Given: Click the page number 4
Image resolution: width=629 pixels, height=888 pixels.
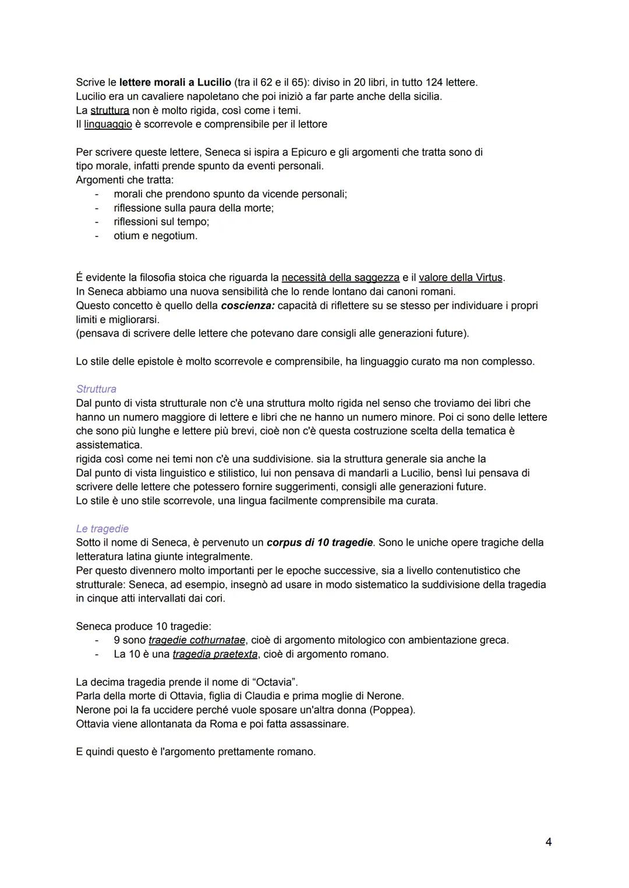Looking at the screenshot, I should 548,842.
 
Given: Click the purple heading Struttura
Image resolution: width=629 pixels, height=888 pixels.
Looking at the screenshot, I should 96,389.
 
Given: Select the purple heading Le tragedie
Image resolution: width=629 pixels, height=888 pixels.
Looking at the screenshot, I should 102,529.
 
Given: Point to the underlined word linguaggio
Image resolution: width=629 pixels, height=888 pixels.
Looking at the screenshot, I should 108,124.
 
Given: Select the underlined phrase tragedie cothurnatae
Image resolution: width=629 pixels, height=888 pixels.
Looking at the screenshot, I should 197,640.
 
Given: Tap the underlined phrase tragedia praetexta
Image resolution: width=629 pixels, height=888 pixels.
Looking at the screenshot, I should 215,654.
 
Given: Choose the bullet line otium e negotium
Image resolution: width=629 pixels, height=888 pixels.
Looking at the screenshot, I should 156,236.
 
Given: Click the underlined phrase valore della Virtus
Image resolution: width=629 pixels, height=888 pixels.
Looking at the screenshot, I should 461,278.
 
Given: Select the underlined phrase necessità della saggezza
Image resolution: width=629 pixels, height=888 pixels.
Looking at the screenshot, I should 340,278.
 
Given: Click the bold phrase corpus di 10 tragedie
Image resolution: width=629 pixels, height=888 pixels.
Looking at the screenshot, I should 320,543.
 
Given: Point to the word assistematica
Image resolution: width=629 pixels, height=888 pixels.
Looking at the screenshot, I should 109,445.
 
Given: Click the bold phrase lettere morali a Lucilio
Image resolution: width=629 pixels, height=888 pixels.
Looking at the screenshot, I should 175,82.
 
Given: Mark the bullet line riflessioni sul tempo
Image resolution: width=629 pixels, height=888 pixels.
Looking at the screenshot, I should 161,222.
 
